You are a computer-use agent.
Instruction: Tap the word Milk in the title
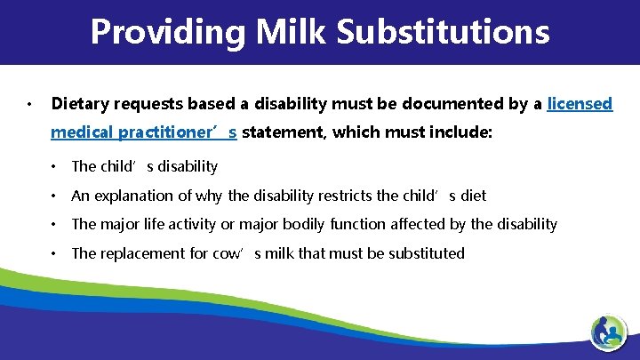pos(278,32)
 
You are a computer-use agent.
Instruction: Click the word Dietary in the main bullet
pos(77,104)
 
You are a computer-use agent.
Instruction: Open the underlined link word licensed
pos(580,104)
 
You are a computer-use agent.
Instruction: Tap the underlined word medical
pos(81,132)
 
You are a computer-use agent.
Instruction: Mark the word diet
pos(472,196)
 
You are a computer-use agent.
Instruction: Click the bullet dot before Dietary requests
pos(29,105)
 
